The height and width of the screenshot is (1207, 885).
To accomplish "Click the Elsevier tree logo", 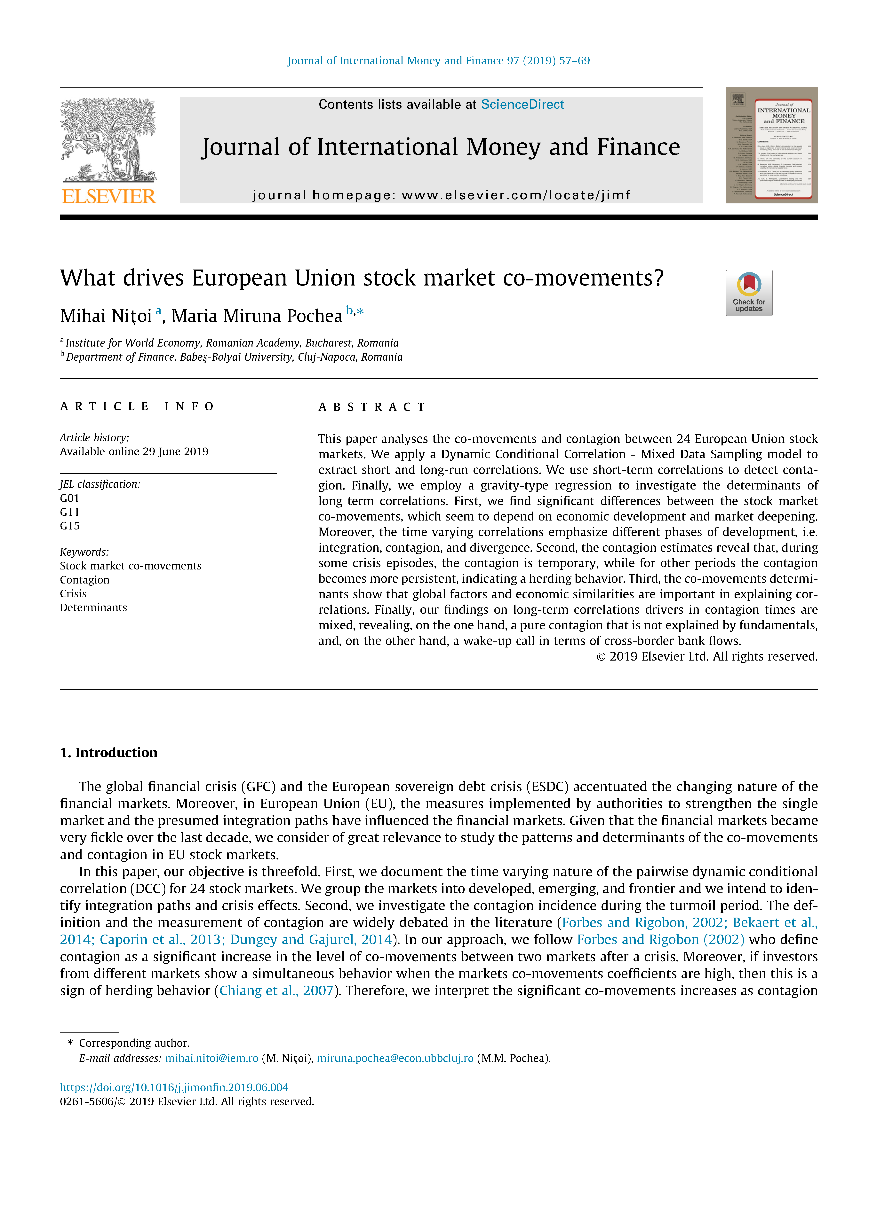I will pos(109,140).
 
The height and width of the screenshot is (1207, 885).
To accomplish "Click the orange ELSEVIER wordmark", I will pos(109,197).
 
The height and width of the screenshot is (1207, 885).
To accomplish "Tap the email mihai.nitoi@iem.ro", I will pos(212,1058).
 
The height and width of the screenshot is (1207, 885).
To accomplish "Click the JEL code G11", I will pos(70,512).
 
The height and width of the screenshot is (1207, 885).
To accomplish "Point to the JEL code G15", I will pos(70,526).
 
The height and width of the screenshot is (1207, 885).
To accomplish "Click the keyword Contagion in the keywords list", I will pos(85,580).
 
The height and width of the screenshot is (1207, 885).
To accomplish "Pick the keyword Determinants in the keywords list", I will pos(93,608).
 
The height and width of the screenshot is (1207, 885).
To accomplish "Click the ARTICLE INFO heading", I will pos(137,406).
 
